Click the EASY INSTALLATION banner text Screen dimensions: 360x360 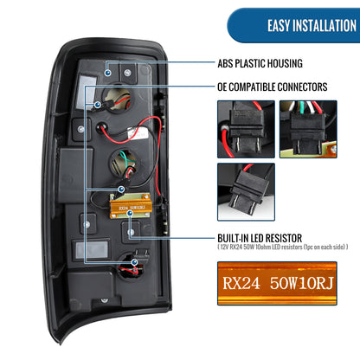click(312, 25)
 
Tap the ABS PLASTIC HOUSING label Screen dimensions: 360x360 click(260, 63)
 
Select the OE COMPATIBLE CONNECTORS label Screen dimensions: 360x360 click(273, 87)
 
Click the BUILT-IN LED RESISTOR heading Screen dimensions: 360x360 click(260, 238)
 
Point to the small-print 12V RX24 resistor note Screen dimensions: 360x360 click(283, 247)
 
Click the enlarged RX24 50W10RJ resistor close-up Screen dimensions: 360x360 click(277, 283)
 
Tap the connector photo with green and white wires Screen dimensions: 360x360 click(308, 129)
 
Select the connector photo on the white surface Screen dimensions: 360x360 click(246, 192)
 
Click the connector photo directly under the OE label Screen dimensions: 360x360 click(246, 129)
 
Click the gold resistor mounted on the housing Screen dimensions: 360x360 click(131, 206)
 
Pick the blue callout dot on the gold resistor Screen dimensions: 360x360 click(130, 213)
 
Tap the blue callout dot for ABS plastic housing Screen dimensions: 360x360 click(108, 73)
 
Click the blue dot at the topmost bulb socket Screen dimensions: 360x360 click(98, 105)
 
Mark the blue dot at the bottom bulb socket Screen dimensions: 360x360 click(134, 262)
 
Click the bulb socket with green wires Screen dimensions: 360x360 click(125, 164)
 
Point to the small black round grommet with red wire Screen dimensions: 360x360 click(101, 127)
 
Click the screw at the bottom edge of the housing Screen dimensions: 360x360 click(104, 300)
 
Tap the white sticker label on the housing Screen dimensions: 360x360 click(138, 133)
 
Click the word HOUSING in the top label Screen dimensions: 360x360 click(283, 63)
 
